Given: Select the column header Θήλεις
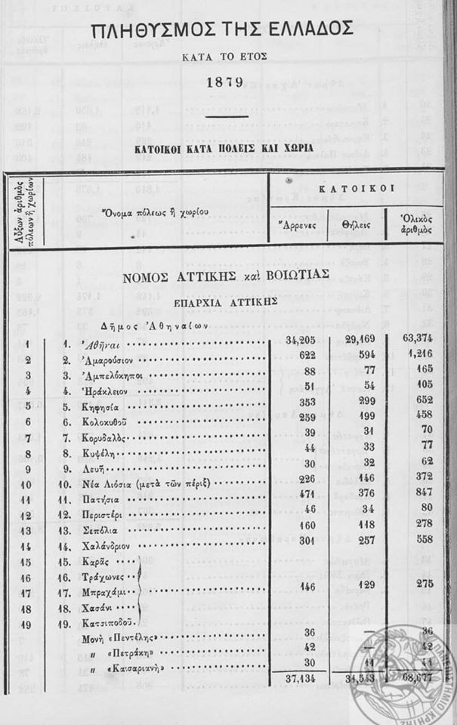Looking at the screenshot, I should click(x=354, y=224).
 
